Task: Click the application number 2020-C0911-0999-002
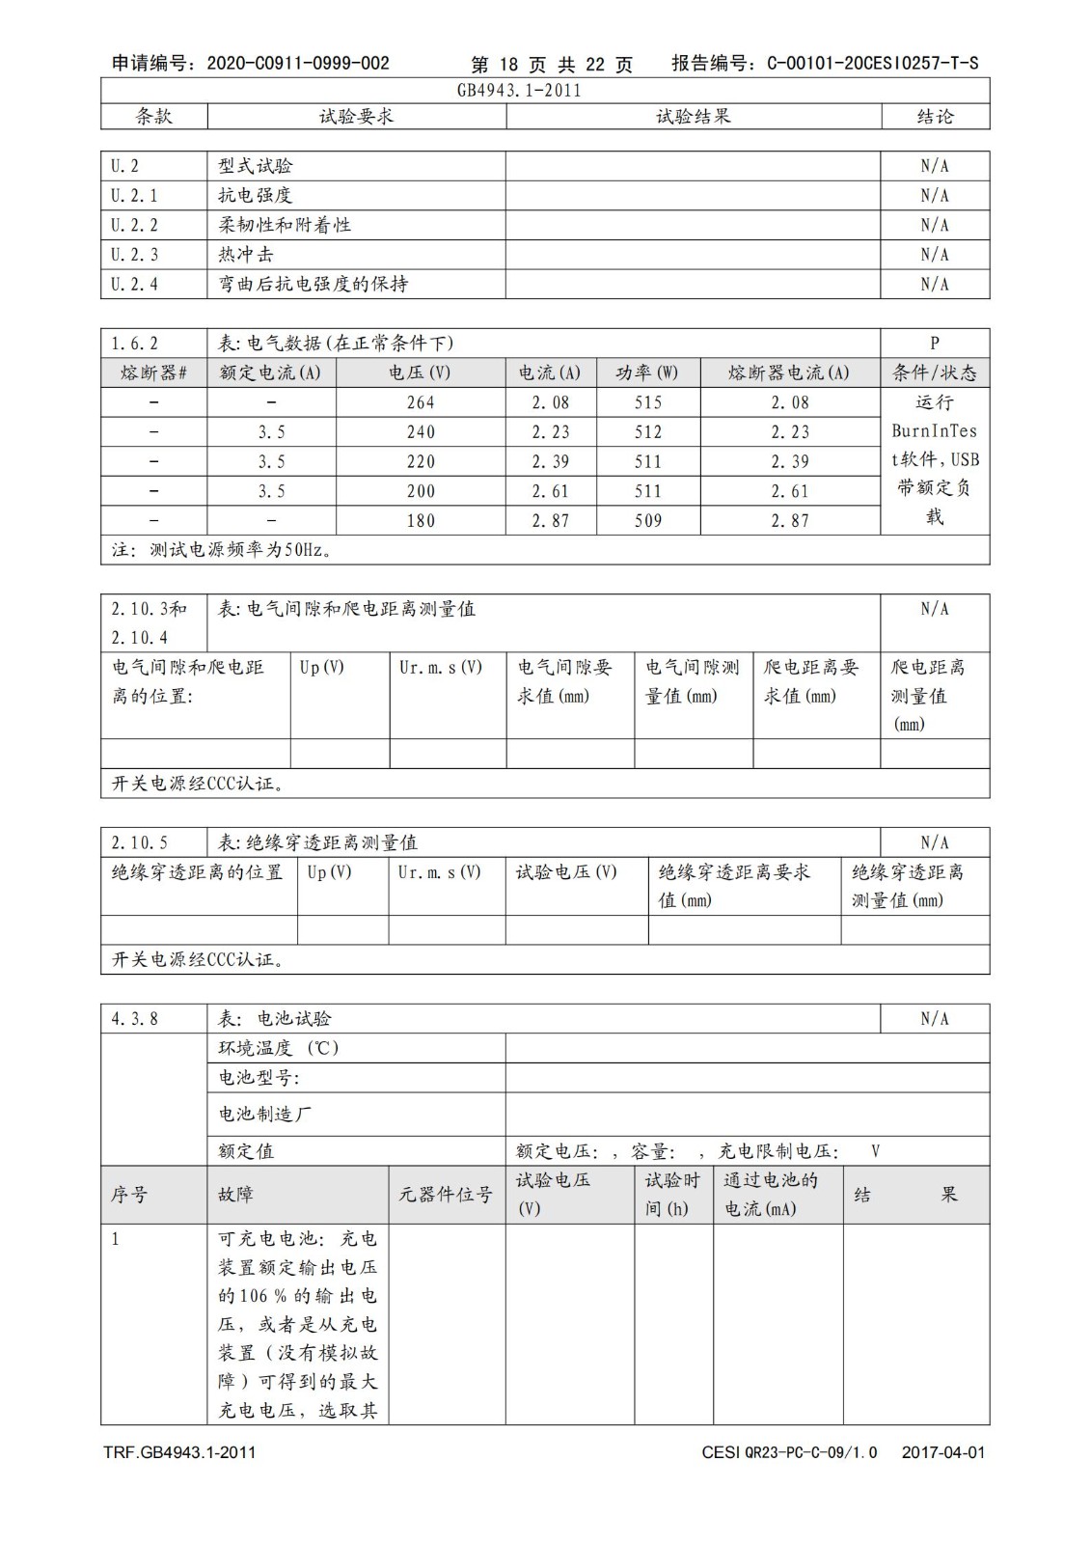(298, 64)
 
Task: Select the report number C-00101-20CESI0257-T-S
(872, 64)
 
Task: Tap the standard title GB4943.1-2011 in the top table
(519, 91)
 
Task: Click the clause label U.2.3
(134, 255)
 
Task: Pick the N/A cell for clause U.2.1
(934, 196)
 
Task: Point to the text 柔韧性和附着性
(285, 225)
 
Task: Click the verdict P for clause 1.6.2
(934, 344)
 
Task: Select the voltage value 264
(421, 402)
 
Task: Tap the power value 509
(648, 521)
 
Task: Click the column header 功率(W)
(647, 373)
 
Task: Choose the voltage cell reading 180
(421, 521)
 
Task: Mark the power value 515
(648, 402)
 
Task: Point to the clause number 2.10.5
(139, 843)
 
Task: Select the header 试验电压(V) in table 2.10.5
(566, 872)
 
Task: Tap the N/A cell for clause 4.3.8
(934, 1019)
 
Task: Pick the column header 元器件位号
(446, 1195)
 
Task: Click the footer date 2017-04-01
(942, 1452)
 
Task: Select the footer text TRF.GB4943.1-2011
(180, 1452)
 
